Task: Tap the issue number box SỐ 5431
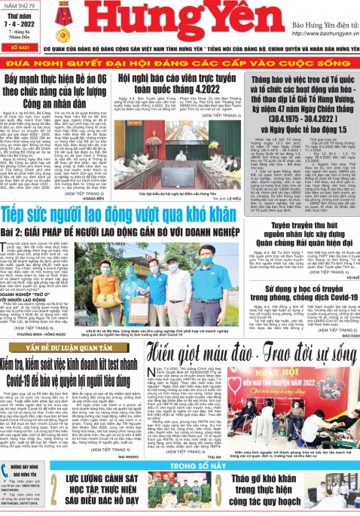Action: click(20, 47)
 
